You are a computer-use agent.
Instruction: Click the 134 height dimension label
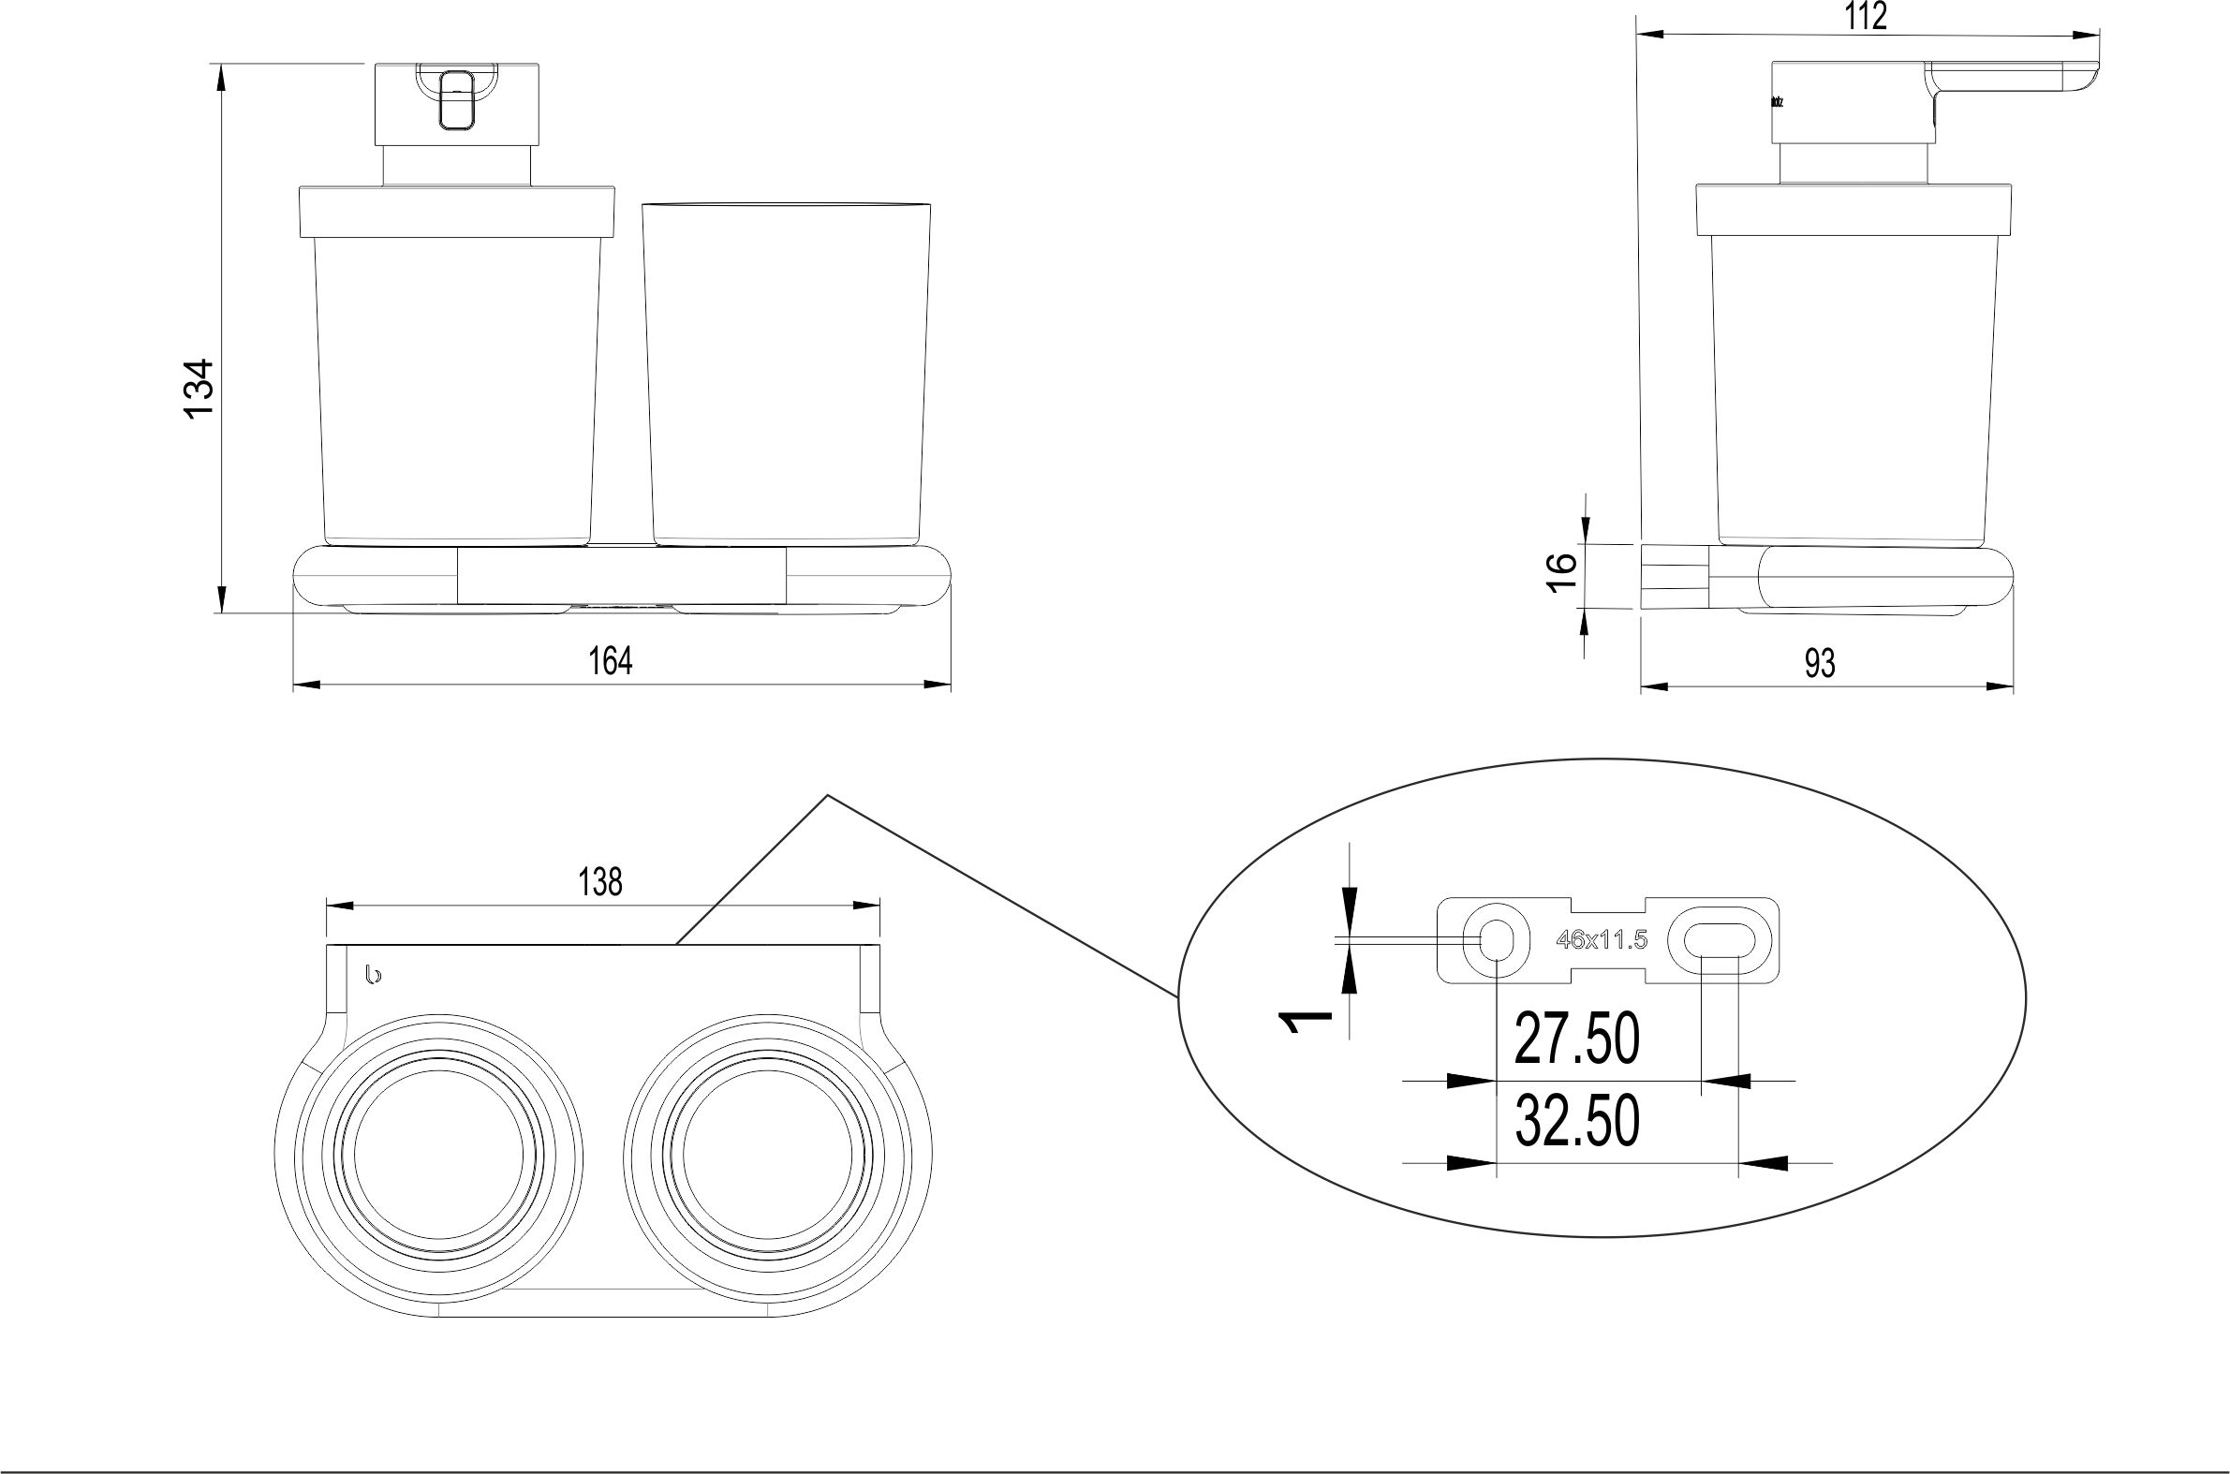tap(200, 389)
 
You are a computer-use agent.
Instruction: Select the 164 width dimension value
tap(610, 662)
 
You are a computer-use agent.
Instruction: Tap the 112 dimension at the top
tap(1867, 17)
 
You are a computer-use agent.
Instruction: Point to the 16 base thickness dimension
tap(1559, 571)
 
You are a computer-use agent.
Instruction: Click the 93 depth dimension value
tap(1819, 665)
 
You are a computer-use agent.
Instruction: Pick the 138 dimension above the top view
tap(599, 883)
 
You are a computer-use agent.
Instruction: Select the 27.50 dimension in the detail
tap(1576, 1039)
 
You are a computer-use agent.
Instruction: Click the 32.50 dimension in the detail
tap(1576, 1121)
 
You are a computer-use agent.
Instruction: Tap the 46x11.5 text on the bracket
tap(1601, 940)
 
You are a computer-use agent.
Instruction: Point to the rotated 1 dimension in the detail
tap(1307, 1022)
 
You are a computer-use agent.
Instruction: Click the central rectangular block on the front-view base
tap(622, 575)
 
